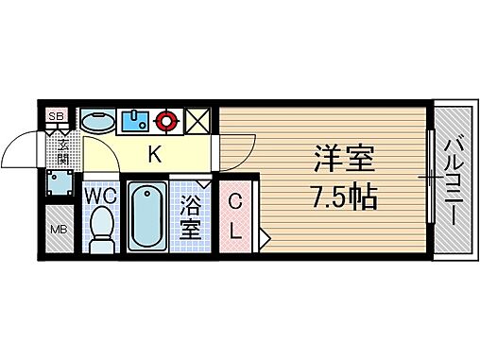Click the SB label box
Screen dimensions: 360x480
click(57, 116)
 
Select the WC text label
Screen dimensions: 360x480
click(101, 196)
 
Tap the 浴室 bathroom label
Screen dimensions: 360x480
click(190, 217)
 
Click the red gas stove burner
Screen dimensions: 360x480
click(168, 120)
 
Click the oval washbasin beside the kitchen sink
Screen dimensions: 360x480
click(95, 121)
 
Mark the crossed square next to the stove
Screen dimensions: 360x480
click(199, 121)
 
